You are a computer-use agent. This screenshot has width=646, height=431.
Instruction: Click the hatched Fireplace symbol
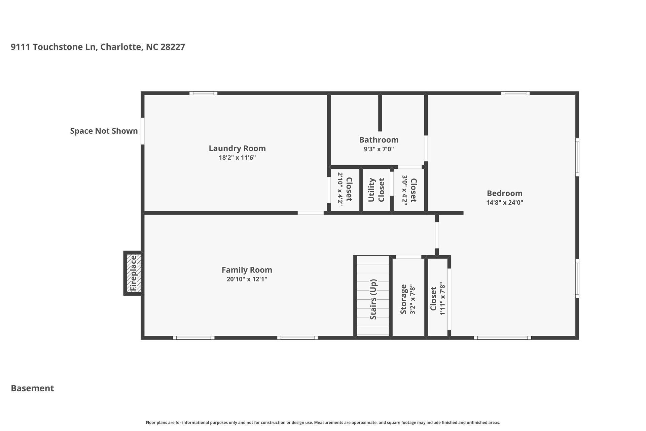[134, 273]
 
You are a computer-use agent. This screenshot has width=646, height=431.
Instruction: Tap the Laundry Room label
[237, 148]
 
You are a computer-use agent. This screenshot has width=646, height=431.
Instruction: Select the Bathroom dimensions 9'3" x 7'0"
[379, 149]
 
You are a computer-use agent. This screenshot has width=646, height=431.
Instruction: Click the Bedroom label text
[504, 193]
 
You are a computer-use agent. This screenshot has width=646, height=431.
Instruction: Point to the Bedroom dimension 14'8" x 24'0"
[504, 202]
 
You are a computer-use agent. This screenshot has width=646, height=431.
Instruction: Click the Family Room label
[247, 270]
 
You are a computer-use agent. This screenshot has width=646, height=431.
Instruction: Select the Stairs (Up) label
[373, 299]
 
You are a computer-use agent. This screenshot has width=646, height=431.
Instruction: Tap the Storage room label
[403, 299]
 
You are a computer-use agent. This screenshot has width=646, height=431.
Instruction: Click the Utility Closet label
[376, 190]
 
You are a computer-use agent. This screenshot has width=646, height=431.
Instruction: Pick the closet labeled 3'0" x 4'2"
[409, 189]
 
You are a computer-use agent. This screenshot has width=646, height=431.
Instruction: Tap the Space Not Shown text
[104, 131]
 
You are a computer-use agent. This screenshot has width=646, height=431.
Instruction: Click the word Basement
[32, 388]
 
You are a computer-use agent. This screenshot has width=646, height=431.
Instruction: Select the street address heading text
[98, 47]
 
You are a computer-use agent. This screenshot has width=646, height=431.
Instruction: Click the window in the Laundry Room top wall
[203, 93]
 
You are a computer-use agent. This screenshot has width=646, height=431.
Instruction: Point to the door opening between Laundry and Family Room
[311, 213]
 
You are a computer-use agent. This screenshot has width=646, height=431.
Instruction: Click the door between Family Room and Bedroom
[437, 235]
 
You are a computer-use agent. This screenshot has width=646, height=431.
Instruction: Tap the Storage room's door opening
[408, 257]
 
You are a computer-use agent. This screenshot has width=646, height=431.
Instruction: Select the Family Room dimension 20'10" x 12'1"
[247, 279]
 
